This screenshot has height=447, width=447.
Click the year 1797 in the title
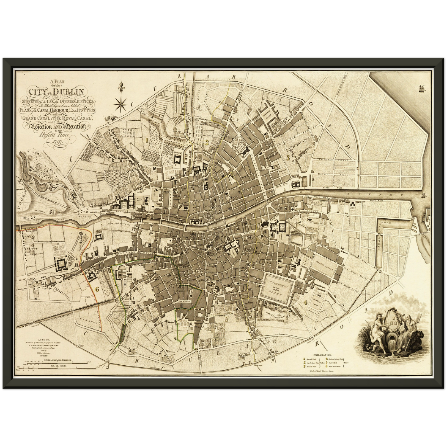click(57, 142)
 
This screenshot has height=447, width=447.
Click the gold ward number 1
click(148, 140)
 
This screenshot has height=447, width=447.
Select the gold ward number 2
click(207, 143)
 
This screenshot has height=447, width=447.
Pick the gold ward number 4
click(305, 302)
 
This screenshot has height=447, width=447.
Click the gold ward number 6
click(97, 289)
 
